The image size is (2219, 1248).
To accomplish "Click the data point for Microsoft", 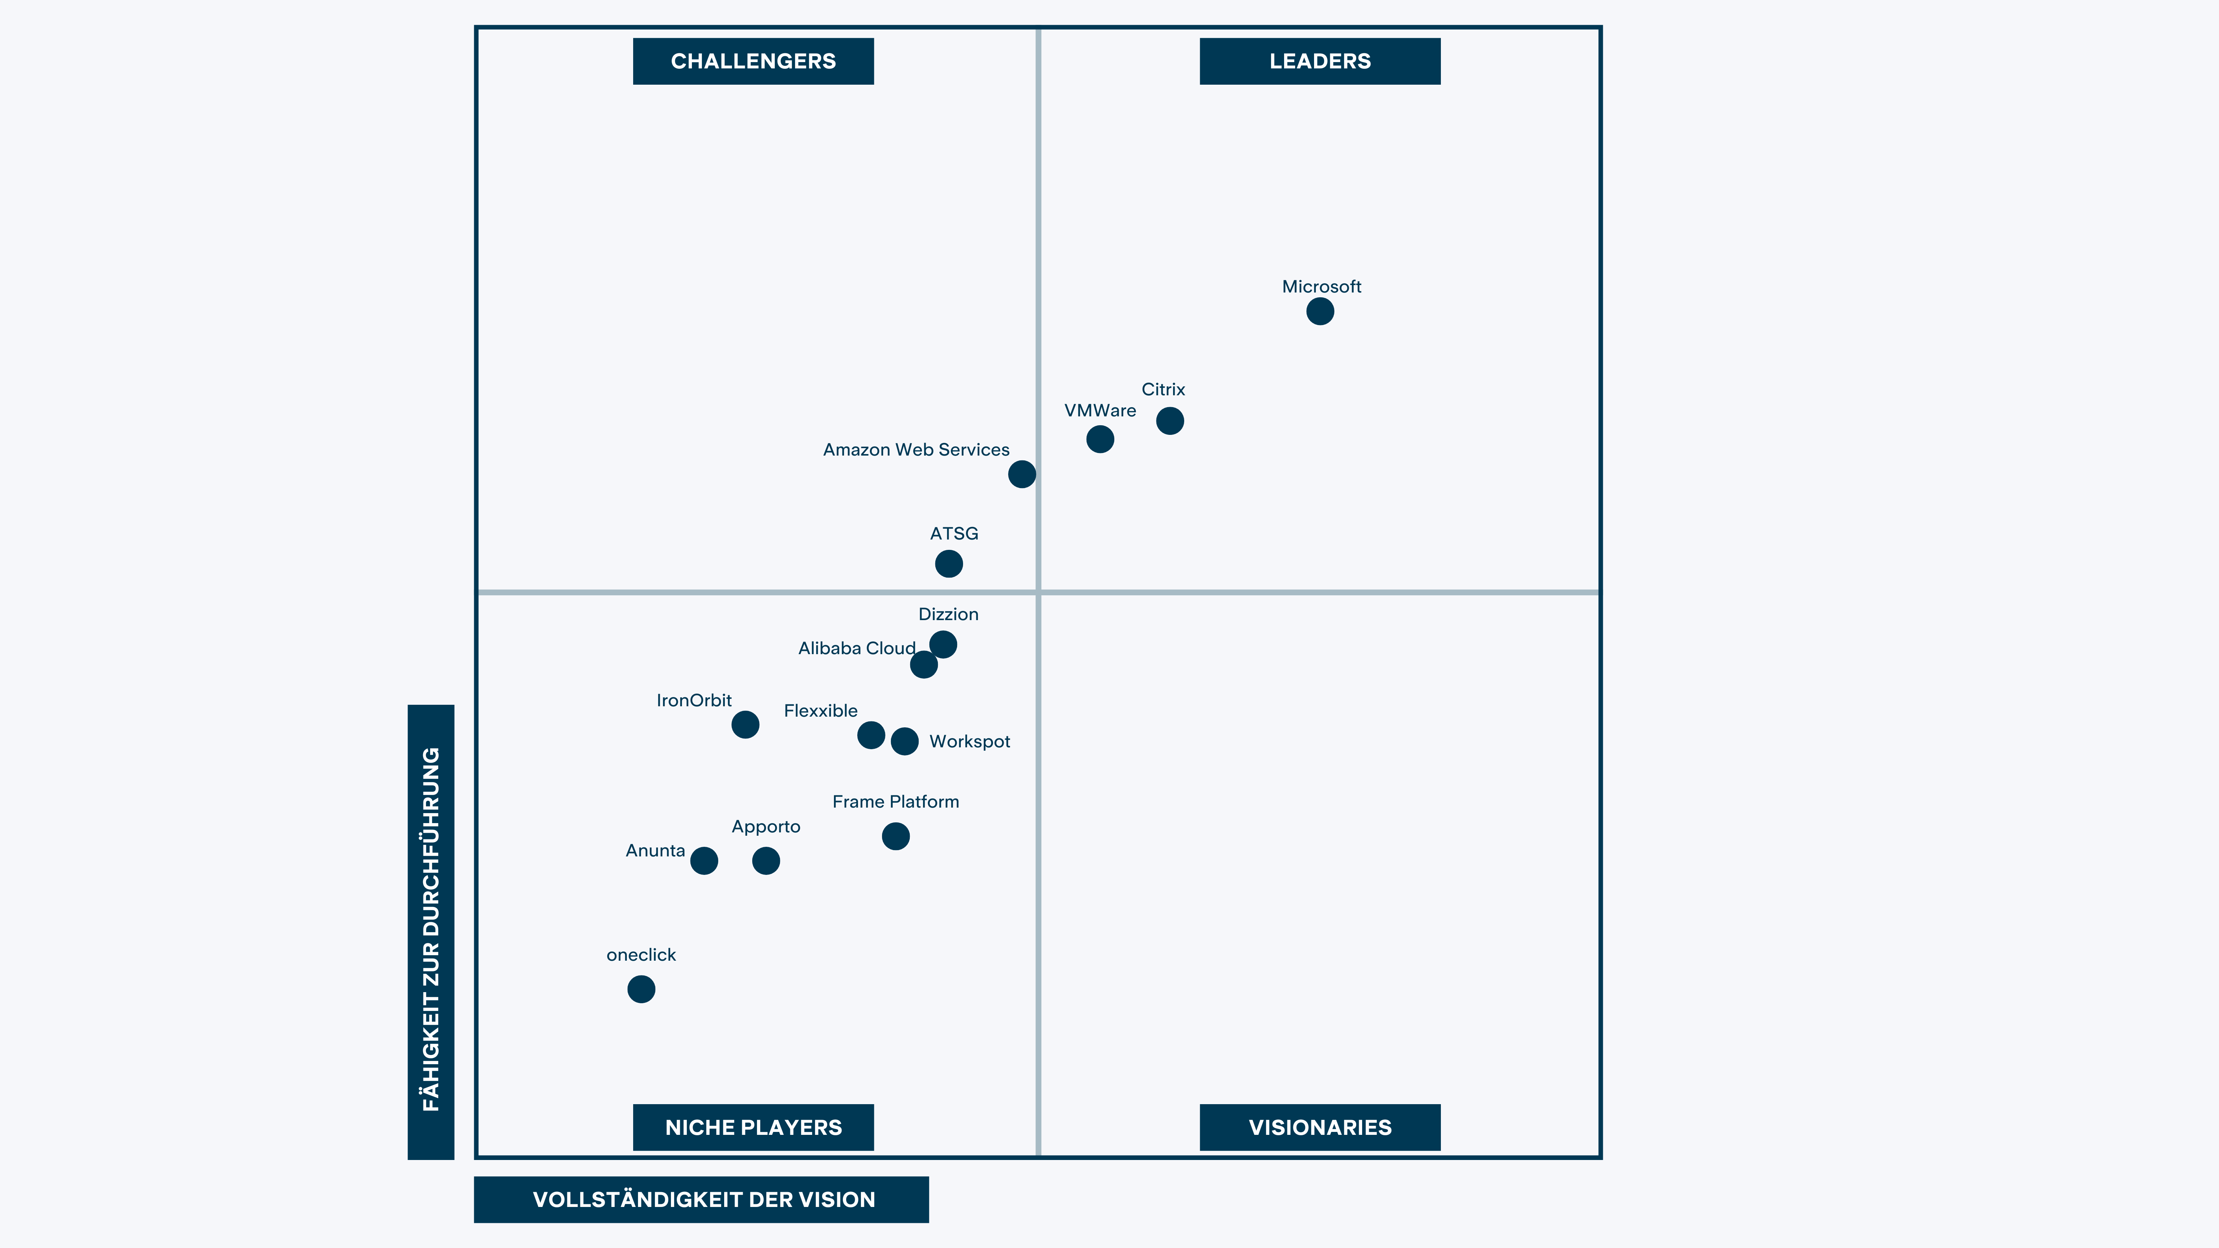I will pos(1320,311).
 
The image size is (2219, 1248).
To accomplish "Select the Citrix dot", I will pos(1170,420).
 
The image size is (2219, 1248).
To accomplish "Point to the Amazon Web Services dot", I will pos(1021,474).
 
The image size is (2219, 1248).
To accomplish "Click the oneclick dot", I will pos(641,989).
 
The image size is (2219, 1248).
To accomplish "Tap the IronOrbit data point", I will pos(745,724).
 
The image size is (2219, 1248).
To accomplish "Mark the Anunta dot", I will pos(704,860).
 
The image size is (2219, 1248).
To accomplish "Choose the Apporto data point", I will pos(766,860).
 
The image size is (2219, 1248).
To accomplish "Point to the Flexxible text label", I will pos(820,711).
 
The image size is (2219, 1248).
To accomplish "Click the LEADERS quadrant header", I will pos(1320,61).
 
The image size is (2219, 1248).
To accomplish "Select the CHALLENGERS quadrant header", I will pos(753,61).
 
